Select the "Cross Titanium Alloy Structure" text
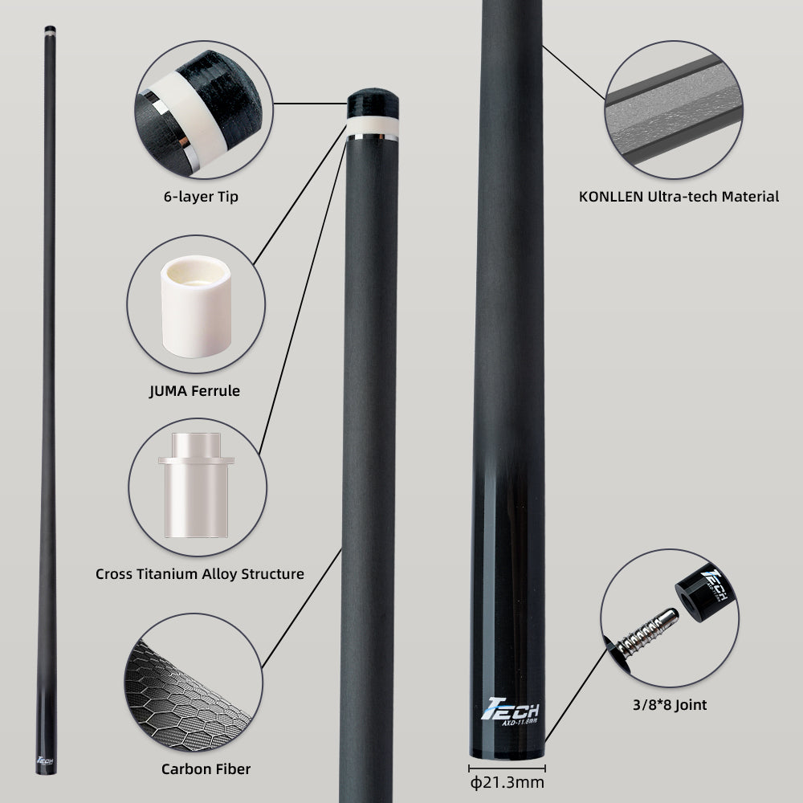coord(200,573)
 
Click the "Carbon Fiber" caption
coord(206,768)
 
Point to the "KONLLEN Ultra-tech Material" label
coord(679,196)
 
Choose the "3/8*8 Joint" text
coord(670,706)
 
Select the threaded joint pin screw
coord(647,630)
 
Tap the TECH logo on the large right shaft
coord(509,710)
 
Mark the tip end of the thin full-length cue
coord(50,30)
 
